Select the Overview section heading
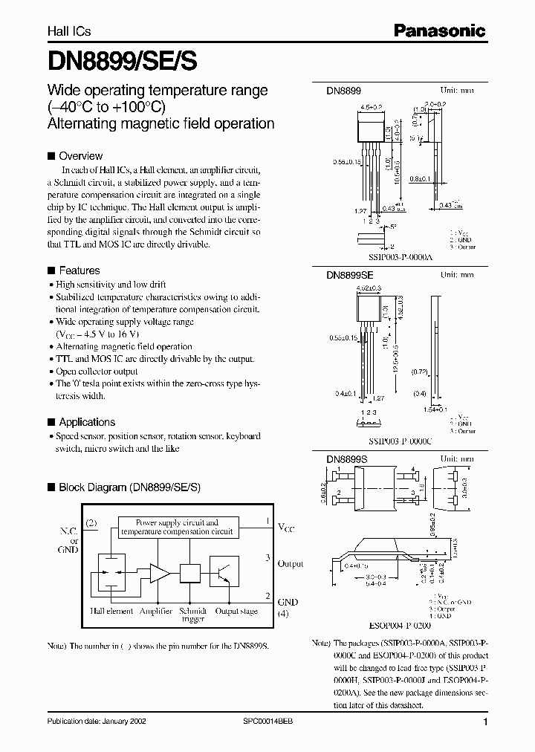click(80, 156)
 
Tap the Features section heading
click(79, 270)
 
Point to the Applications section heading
click(87, 421)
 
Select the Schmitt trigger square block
click(191, 572)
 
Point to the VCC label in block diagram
click(286, 528)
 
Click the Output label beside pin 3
click(290, 564)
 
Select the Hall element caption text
click(111, 611)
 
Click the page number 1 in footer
click(485, 722)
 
